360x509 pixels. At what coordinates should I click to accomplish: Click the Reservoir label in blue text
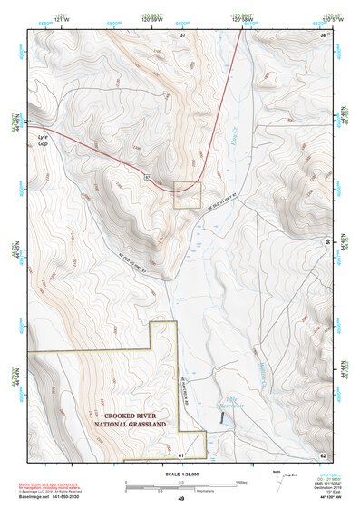coord(229,403)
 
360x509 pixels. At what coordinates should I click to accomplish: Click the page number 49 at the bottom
coord(180,499)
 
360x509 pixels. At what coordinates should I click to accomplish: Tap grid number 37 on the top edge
coord(182,34)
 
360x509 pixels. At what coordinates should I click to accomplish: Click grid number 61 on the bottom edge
coord(180,454)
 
